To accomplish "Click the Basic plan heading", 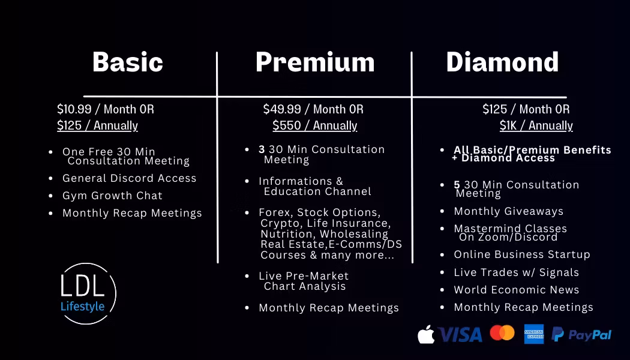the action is click(128, 62).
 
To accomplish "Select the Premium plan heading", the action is click(315, 62).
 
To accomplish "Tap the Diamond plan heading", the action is click(502, 62).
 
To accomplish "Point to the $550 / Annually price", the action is click(314, 125).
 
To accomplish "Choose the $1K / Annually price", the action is click(536, 125).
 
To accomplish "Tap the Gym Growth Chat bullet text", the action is click(112, 196).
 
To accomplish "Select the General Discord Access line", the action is click(130, 178).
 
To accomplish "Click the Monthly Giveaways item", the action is click(508, 211).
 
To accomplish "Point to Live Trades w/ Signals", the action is click(516, 272).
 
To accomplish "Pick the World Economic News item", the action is click(516, 290).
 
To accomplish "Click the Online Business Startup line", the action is click(522, 254).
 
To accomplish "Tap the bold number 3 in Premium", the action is click(262, 149).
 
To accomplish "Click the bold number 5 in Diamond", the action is click(457, 185).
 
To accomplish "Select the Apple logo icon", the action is click(426, 334).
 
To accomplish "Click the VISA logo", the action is click(460, 334).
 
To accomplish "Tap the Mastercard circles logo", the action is click(502, 332).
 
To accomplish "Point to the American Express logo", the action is click(534, 334).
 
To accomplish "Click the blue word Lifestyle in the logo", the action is click(82, 307).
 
